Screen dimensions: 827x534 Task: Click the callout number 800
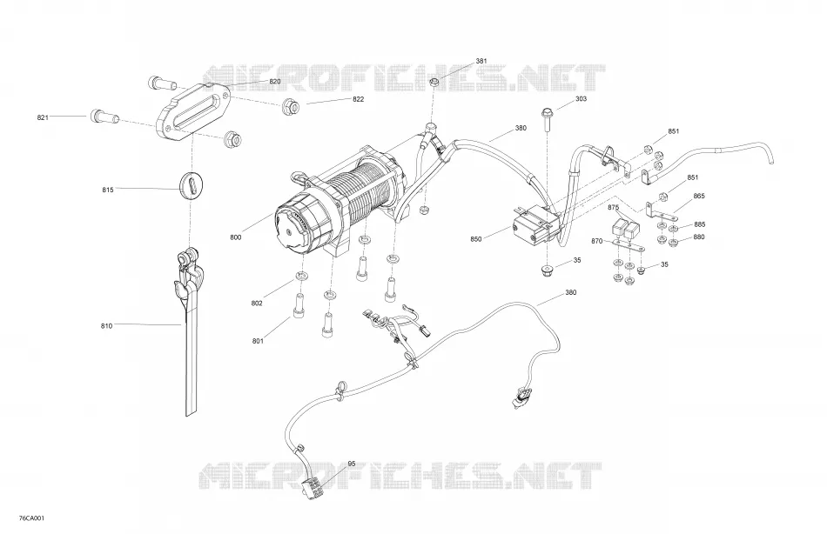236,237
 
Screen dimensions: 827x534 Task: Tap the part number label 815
108,190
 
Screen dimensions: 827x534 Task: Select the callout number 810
106,326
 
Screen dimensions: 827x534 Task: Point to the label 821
43,117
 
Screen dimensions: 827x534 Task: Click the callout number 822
358,99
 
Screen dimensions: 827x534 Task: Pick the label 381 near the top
481,61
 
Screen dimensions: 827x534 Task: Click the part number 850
475,239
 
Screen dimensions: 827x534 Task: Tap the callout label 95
352,464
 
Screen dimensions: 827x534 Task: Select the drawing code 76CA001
31,518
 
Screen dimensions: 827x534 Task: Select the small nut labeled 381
435,83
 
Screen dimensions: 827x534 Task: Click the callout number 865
699,196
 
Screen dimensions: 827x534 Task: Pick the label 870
596,241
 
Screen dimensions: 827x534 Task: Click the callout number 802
257,304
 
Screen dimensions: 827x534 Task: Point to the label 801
258,341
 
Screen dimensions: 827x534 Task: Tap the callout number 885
699,224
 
